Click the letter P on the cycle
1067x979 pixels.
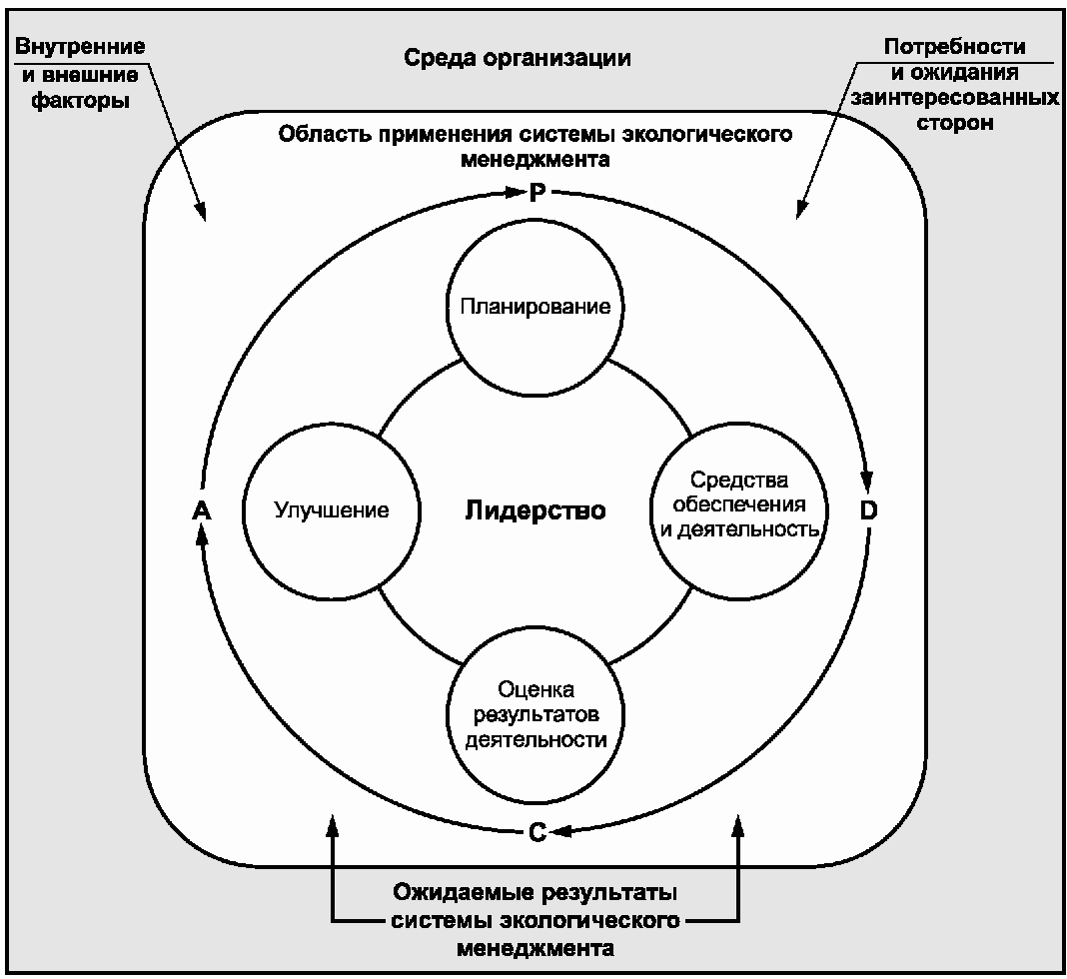[x=537, y=193]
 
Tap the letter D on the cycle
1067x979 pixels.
[x=868, y=510]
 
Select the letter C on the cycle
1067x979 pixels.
[x=537, y=832]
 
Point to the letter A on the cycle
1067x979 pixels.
[x=202, y=510]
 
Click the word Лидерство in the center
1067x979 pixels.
[x=535, y=510]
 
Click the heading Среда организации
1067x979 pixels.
[x=518, y=58]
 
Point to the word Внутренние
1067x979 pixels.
[x=80, y=46]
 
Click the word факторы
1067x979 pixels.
[x=80, y=101]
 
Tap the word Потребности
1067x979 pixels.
[x=955, y=46]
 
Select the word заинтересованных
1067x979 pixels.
[x=955, y=98]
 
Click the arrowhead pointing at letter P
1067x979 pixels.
[x=517, y=193]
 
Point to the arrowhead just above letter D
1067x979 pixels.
[x=866, y=481]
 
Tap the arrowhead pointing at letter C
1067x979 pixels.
[x=559, y=831]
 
